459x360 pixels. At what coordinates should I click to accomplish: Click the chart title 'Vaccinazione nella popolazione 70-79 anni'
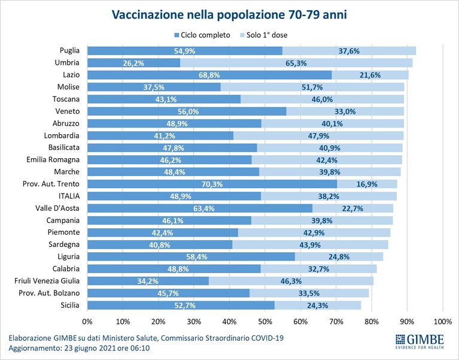click(229, 14)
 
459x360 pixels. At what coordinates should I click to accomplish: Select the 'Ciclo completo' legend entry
click(202, 35)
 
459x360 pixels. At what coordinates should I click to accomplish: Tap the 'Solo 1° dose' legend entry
click(263, 35)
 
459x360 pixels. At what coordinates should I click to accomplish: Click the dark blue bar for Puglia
click(185, 51)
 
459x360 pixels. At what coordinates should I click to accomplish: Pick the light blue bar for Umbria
click(296, 63)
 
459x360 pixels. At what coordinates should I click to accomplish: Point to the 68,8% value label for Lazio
click(209, 75)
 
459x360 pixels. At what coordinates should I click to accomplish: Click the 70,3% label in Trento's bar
click(212, 184)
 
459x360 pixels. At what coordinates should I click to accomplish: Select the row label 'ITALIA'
click(69, 196)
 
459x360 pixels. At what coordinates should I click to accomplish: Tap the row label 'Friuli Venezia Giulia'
click(47, 281)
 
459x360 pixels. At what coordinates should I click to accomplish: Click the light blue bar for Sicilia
click(318, 305)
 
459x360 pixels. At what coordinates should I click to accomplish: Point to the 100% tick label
click(443, 322)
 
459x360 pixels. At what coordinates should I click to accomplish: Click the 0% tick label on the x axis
click(87, 322)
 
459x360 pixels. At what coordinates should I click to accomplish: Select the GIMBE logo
click(420, 341)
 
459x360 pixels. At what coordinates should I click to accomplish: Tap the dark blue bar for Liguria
click(191, 257)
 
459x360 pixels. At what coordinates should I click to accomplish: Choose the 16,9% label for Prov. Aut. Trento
click(367, 184)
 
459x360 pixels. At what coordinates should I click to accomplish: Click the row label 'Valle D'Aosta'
click(57, 208)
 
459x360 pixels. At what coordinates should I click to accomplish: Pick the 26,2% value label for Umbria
click(133, 63)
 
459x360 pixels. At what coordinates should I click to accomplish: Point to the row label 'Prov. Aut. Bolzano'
click(49, 293)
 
